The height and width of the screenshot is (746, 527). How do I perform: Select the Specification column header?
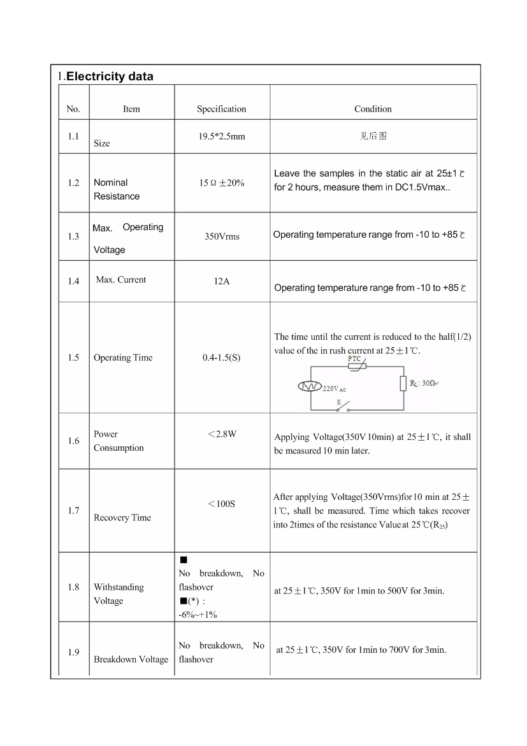[x=221, y=109]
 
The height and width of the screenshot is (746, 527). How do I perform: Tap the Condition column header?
[x=373, y=109]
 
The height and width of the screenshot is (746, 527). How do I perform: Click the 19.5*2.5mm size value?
[x=221, y=136]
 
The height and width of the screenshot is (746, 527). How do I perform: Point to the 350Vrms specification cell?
[x=222, y=237]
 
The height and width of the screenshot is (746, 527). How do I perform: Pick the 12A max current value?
[x=221, y=281]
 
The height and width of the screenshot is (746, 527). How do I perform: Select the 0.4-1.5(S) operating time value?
[x=221, y=358]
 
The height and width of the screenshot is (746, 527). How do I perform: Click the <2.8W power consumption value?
[x=222, y=434]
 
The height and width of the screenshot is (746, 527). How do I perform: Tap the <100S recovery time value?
[x=221, y=504]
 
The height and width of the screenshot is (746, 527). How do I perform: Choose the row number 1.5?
[x=73, y=358]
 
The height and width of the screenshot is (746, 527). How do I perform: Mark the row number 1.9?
[x=73, y=652]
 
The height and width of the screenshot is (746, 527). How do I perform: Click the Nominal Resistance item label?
[x=116, y=189]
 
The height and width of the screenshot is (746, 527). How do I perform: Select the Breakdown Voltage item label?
[x=131, y=659]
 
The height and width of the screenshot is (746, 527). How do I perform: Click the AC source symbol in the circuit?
[x=310, y=386]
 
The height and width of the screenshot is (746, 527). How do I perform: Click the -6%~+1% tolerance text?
[x=198, y=615]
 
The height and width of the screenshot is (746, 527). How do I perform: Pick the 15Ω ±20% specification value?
[x=221, y=183]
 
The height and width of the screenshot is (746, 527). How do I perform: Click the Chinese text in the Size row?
[x=373, y=136]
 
